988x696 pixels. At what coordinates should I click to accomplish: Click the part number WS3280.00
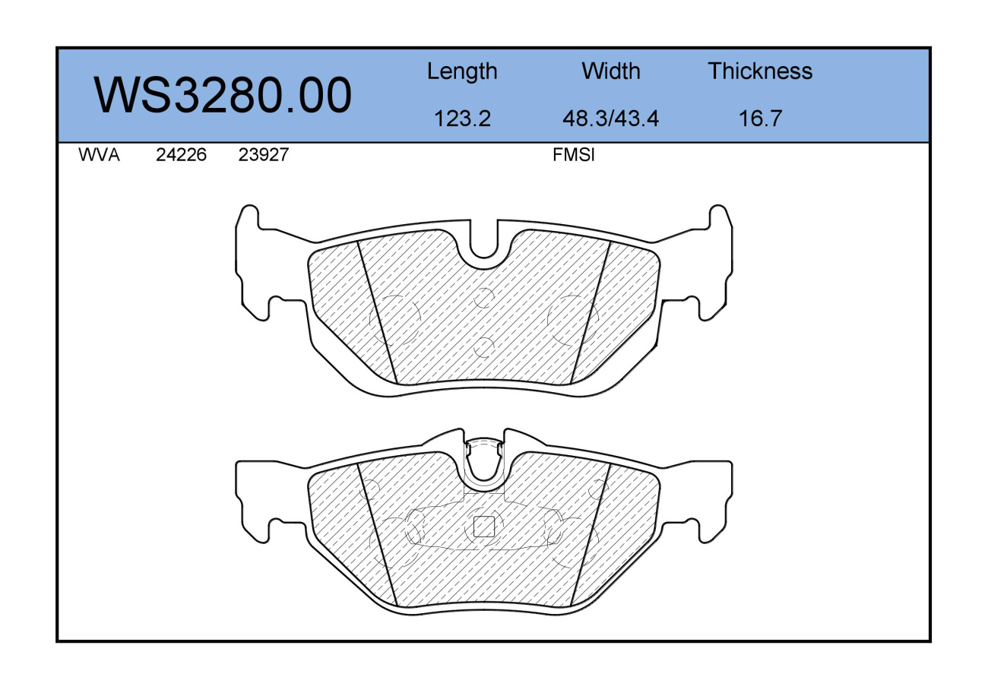point(223,95)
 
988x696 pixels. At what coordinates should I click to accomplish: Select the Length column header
point(462,71)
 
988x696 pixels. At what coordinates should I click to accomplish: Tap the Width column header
point(610,71)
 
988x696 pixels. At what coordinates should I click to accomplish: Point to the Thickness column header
point(760,71)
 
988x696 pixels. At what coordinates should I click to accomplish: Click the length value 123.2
point(462,119)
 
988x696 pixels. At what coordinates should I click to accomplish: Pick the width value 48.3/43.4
point(610,119)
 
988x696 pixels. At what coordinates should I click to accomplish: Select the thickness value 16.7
point(760,119)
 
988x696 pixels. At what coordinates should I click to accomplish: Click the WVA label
point(99,155)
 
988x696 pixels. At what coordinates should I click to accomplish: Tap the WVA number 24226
point(181,155)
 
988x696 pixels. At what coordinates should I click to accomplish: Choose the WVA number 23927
point(263,155)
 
